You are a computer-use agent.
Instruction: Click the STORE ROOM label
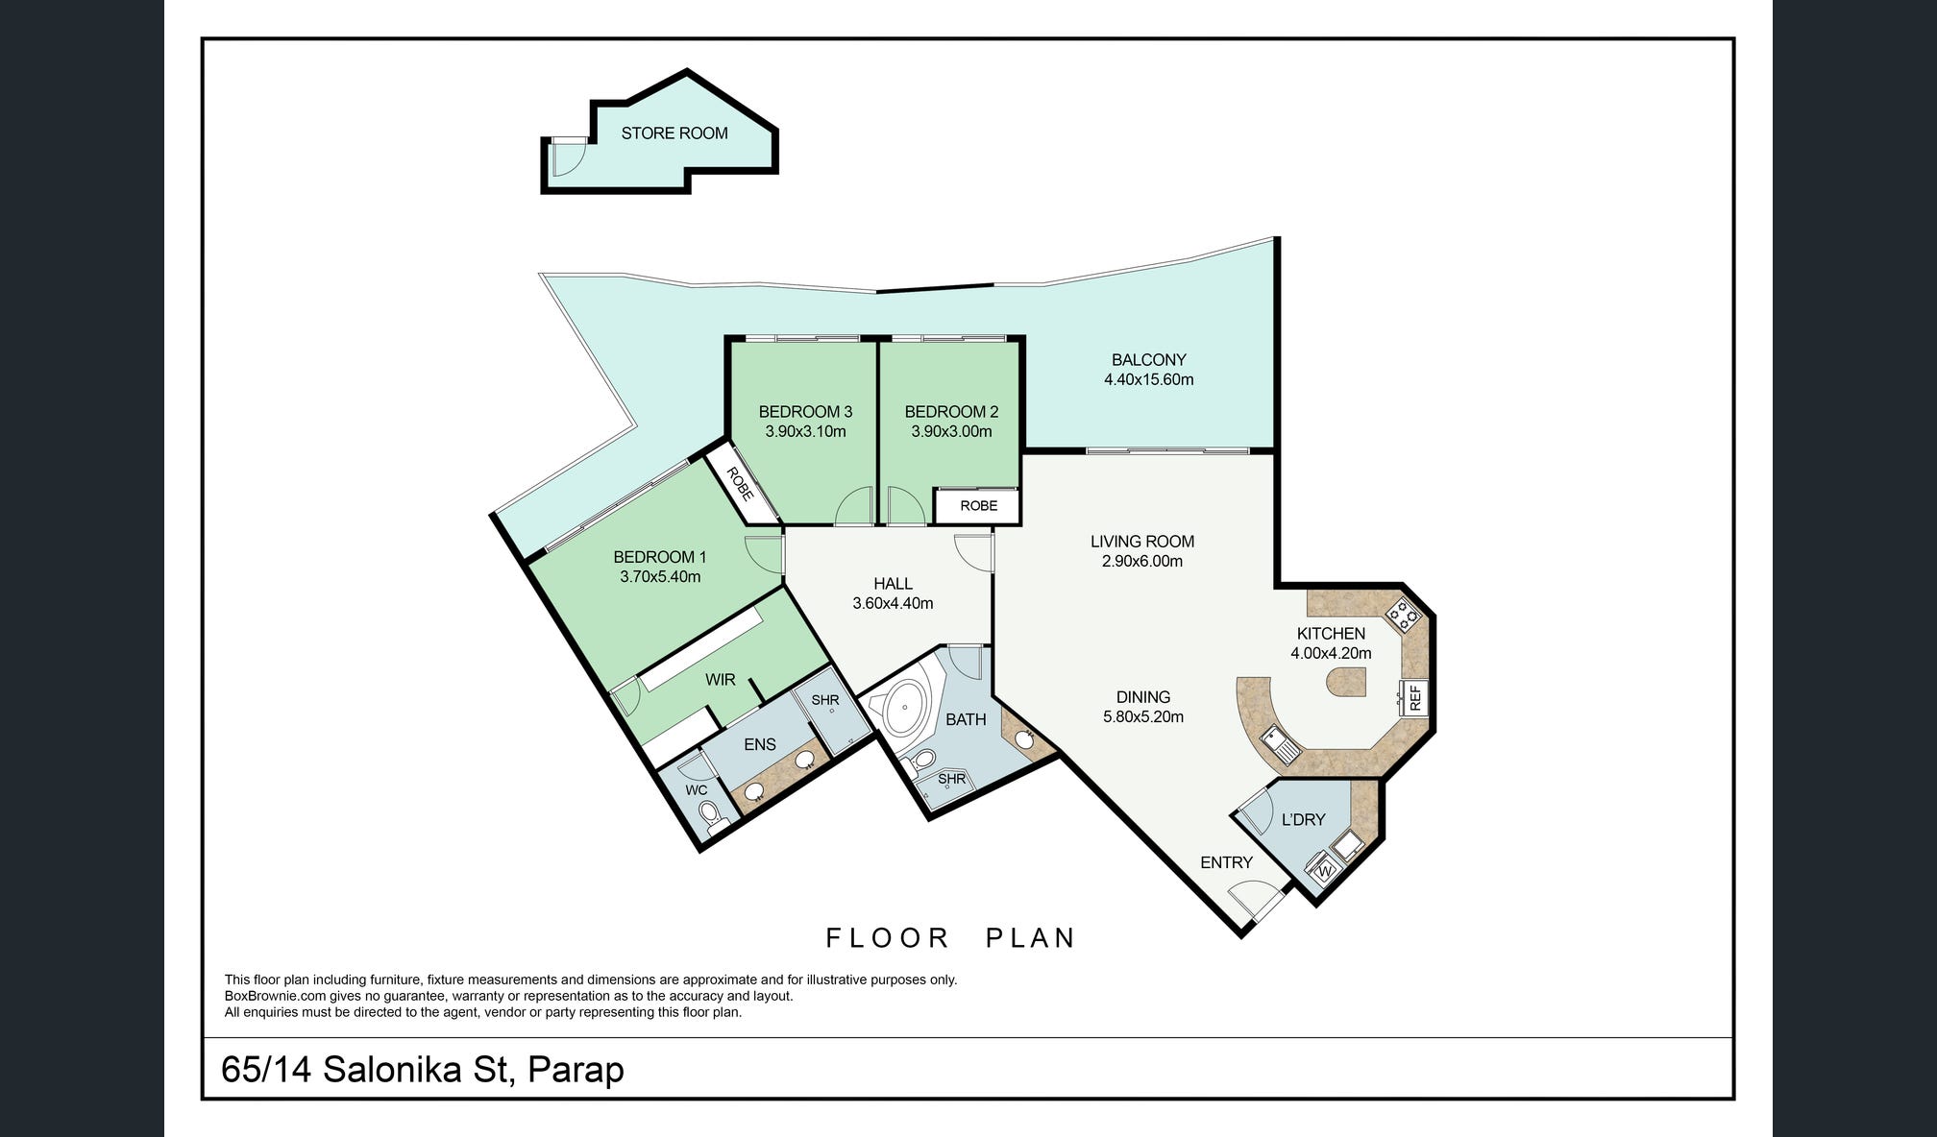[x=674, y=133]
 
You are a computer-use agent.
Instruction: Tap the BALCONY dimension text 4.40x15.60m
[x=1149, y=379]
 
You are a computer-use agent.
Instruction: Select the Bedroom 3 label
[x=805, y=412]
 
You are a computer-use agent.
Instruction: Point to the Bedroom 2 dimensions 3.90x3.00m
[x=951, y=432]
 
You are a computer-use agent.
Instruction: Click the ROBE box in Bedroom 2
[x=978, y=506]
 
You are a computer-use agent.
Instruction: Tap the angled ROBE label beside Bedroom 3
[x=740, y=484]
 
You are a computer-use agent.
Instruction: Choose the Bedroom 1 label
[x=660, y=557]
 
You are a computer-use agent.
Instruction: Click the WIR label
[x=721, y=680]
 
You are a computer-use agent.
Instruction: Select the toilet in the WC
[x=712, y=817]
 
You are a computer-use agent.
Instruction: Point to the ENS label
[x=760, y=744]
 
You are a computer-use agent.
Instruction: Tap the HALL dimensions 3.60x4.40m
[x=893, y=604]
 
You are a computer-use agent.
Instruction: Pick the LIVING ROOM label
[x=1142, y=542]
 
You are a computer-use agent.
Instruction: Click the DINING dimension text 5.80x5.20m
[x=1143, y=717]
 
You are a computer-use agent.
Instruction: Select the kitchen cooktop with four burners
[x=1402, y=614]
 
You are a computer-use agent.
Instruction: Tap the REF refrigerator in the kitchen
[x=1414, y=697]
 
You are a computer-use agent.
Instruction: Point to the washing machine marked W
[x=1324, y=870]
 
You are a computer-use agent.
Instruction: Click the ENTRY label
[x=1226, y=862]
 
